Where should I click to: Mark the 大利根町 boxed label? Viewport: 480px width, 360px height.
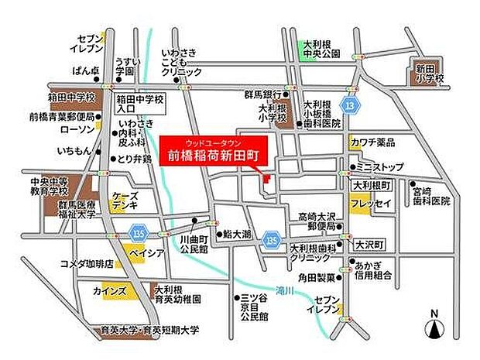click(x=372, y=187)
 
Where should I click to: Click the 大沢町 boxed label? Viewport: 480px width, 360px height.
click(x=369, y=243)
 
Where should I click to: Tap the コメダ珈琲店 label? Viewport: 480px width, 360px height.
click(x=87, y=264)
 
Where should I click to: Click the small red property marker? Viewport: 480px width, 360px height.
click(x=266, y=179)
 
